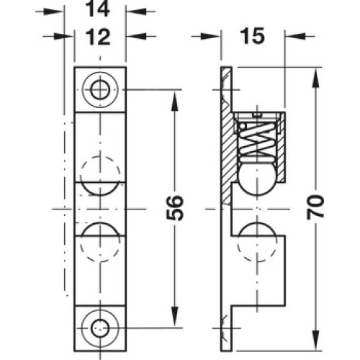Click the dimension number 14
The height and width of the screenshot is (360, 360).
[x=98, y=9]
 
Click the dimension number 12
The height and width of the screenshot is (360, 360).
[x=98, y=37]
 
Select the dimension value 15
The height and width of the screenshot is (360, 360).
[x=253, y=36]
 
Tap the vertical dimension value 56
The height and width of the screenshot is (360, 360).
[x=175, y=208]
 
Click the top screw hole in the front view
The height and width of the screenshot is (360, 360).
[x=100, y=90]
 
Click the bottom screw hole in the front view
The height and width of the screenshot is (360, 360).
[x=100, y=328]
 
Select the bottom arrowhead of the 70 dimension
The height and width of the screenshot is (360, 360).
[x=316, y=341]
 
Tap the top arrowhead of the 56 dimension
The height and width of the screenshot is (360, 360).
[x=176, y=102]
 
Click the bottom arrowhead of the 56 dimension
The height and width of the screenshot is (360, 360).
[x=176, y=317]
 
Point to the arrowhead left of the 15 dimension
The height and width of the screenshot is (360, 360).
[x=210, y=37]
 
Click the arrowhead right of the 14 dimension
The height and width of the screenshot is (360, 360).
[x=136, y=11]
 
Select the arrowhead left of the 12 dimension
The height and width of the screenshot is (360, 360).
[x=63, y=37]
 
